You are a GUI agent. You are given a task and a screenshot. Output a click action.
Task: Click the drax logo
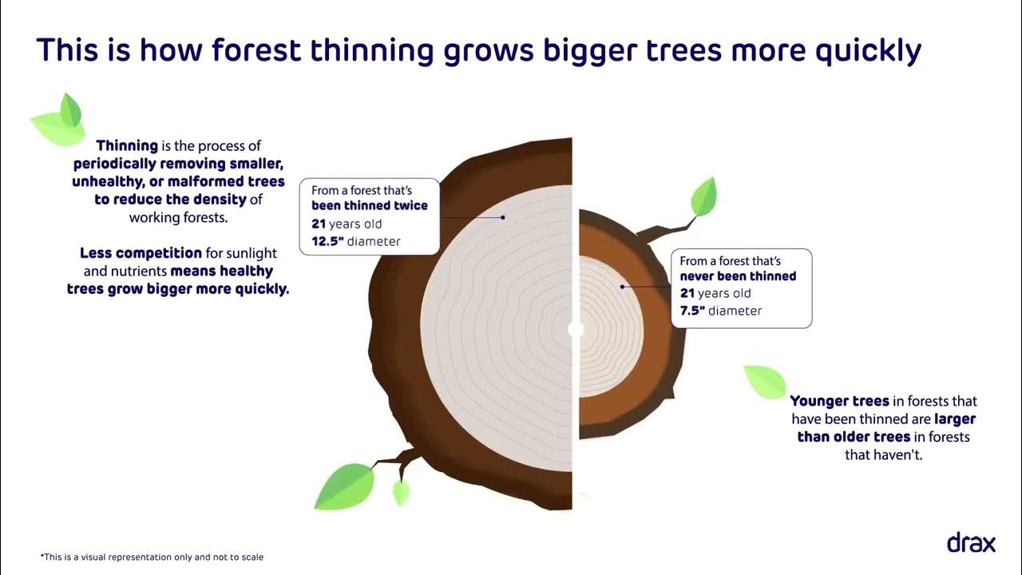971,543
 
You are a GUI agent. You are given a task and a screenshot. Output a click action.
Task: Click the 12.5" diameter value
328,241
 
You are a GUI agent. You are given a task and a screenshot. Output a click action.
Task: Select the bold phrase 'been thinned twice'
369,206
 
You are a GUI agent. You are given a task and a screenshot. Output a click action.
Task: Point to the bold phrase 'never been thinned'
738,276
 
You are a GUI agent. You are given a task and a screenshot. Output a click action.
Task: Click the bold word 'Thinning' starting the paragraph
126,146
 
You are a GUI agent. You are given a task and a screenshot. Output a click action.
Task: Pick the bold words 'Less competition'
141,253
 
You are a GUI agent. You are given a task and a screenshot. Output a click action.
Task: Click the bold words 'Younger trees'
839,401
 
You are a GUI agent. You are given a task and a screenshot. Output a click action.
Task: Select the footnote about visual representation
152,557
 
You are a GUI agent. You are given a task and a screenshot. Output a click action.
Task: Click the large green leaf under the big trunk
345,486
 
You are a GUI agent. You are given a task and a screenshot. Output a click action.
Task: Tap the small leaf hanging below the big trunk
401,492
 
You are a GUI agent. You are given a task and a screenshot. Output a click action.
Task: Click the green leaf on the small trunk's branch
703,196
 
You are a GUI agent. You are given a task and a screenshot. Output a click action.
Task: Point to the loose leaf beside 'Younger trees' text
765,382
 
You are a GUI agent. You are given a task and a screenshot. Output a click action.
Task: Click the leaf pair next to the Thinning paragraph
59,121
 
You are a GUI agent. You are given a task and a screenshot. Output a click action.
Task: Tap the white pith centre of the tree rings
576,329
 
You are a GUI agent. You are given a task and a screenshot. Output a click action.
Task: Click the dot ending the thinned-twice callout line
504,216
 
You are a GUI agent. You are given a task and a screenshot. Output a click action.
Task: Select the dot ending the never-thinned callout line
622,286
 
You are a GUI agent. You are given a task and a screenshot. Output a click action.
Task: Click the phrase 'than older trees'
854,437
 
